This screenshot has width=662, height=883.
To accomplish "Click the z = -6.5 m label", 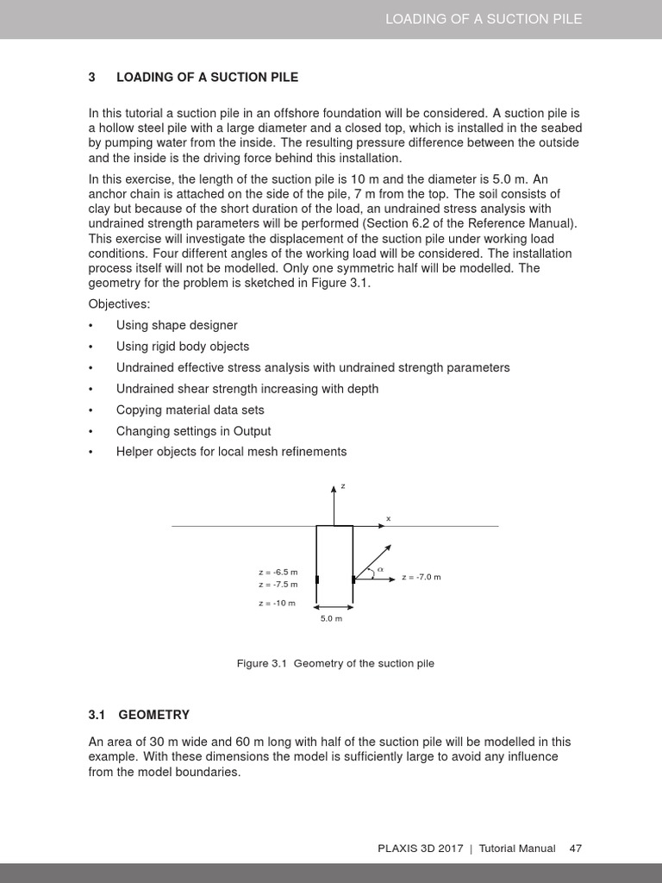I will [278, 573].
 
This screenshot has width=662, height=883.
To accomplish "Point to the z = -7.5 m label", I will [278, 585].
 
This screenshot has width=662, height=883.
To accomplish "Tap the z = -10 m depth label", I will [277, 603].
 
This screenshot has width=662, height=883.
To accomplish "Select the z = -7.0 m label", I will [421, 577].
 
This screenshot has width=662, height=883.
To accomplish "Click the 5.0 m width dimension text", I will [332, 619].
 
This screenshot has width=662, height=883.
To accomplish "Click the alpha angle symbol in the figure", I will [380, 569].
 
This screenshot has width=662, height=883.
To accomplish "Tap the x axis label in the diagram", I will [388, 518].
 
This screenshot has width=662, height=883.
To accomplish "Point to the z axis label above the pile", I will [342, 486].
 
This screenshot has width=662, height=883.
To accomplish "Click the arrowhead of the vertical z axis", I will [334, 491].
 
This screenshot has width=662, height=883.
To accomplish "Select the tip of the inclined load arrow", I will [390, 546].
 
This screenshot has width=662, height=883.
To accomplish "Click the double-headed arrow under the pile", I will [334, 610].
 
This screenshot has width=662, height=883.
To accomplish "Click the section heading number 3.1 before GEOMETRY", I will [96, 715].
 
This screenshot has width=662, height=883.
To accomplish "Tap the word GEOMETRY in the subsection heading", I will [153, 715].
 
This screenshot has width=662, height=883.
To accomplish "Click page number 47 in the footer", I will [576, 849].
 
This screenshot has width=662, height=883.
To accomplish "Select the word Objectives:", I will [119, 304].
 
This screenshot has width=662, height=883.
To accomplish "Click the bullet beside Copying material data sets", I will [91, 410].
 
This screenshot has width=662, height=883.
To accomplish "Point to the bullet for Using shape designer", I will [91, 326].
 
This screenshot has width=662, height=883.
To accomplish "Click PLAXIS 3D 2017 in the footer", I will [421, 849].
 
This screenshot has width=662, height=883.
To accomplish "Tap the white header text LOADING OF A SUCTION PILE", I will [484, 19].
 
